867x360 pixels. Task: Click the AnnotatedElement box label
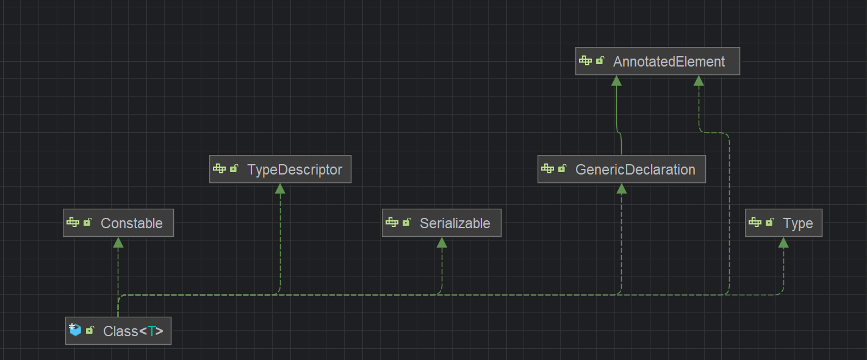669,62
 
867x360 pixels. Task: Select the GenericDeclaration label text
635,170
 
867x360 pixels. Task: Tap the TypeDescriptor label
294,170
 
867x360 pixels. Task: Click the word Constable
131,223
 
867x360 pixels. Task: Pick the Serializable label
455,223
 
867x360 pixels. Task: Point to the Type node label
797,223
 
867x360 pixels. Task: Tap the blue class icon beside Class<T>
75,330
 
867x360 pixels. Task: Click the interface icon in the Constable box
73,223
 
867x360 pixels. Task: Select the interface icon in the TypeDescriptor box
220,169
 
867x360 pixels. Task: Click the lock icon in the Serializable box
406,223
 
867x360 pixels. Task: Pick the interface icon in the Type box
755,223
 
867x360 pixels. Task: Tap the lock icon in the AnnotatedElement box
600,61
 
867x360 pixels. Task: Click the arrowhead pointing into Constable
118,242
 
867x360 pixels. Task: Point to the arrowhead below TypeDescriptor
280,189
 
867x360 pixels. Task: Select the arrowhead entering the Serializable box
442,242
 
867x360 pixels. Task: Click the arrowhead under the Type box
783,242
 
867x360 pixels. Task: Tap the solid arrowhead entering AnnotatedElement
616,81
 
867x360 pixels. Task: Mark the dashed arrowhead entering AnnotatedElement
699,81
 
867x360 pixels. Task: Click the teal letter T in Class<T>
151,331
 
